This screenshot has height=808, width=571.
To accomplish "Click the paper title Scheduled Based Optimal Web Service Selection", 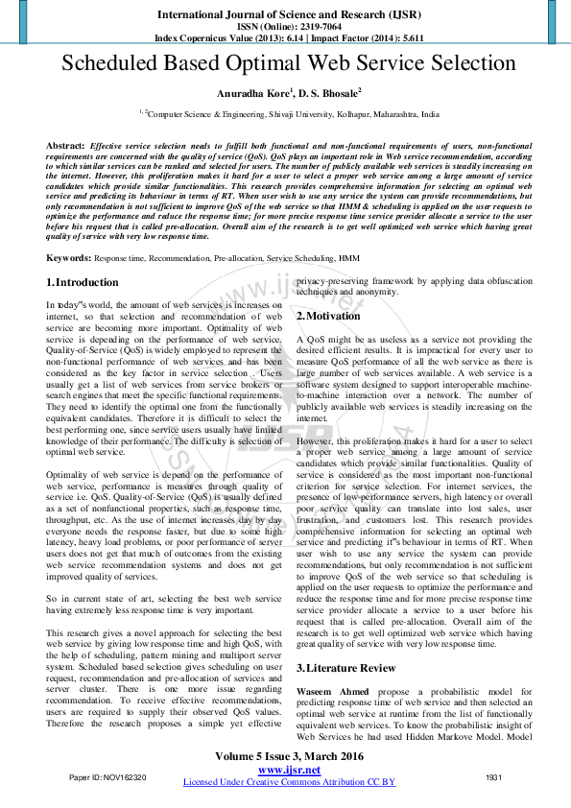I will pos(289,64).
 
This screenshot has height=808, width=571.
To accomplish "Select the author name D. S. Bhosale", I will pos(328,93).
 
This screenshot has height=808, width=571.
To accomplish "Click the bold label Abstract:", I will pos(65,144).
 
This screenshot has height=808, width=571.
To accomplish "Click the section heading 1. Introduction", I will pos(83,283).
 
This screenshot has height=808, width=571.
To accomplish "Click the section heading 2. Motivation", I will pos(328,316).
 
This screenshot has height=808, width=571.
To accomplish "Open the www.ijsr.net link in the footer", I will pos(289,770).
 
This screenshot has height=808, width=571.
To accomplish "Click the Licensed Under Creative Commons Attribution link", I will pos(289,782).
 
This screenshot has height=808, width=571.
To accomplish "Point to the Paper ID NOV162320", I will pos(107,776).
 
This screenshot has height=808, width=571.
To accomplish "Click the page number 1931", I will pos(494,776).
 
